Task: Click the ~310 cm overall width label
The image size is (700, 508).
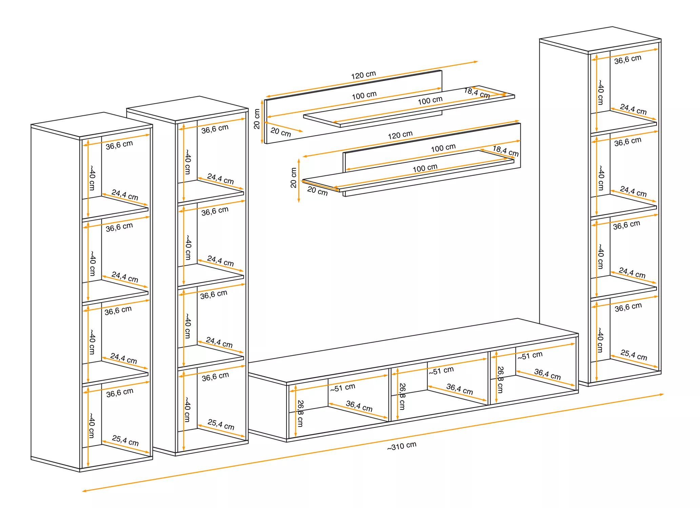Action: (x=402, y=446)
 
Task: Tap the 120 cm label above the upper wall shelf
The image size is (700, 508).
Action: (x=363, y=75)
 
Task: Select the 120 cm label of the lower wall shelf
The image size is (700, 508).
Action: (x=400, y=135)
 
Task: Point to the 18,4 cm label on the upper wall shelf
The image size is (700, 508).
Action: (x=477, y=93)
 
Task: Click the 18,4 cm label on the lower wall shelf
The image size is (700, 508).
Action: (x=505, y=151)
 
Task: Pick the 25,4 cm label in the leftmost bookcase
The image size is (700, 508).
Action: (x=125, y=440)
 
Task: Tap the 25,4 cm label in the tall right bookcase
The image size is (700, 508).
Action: (x=634, y=355)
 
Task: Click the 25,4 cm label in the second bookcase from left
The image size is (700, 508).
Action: (x=221, y=424)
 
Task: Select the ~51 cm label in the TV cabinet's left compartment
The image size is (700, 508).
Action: (x=342, y=387)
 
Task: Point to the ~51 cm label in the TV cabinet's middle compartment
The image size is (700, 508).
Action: (x=441, y=371)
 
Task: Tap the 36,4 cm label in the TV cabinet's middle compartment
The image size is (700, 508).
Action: (x=459, y=389)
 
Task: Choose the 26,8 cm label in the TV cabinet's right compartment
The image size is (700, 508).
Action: (x=500, y=379)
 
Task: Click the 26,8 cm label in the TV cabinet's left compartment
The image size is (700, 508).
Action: (x=300, y=413)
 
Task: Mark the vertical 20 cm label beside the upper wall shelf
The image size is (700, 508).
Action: (x=257, y=119)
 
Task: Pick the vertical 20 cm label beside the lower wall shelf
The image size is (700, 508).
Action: (x=293, y=178)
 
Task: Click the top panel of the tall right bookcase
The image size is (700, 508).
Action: (x=600, y=39)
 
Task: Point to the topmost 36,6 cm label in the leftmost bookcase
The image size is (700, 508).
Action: (x=119, y=145)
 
